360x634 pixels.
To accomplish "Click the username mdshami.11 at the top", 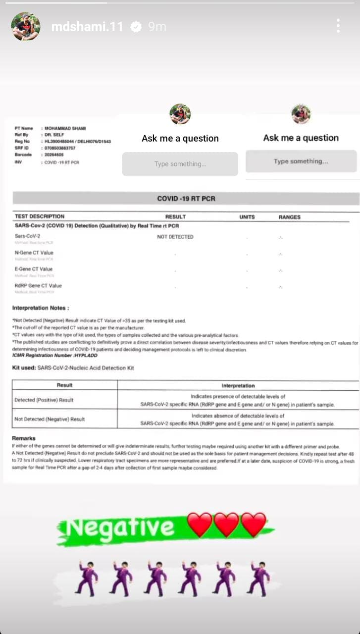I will click(87, 27).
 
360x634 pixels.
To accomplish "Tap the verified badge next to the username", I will click(136, 27).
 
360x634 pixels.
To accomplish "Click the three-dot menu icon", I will click(338, 26).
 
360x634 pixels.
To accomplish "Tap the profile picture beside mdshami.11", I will click(26, 26).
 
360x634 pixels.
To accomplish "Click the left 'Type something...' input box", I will click(180, 164).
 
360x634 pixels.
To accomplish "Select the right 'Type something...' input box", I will click(301, 161).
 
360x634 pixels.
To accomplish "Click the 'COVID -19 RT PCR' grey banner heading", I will click(186, 199).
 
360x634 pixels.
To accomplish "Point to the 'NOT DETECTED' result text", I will click(175, 237).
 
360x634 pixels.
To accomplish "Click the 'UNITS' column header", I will click(247, 217).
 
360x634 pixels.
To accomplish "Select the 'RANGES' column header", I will click(289, 217).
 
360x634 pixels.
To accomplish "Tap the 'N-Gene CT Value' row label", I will click(34, 253).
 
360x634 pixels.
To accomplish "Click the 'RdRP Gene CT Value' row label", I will click(39, 285).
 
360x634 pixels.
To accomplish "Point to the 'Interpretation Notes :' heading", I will click(41, 308).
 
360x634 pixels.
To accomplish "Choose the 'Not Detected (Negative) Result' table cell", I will click(50, 419).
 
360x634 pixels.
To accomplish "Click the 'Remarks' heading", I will click(24, 438).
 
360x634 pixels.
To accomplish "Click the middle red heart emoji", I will click(227, 525).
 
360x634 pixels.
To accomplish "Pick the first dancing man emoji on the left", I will click(86, 579).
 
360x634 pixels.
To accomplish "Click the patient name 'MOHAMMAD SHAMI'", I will click(65, 128).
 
